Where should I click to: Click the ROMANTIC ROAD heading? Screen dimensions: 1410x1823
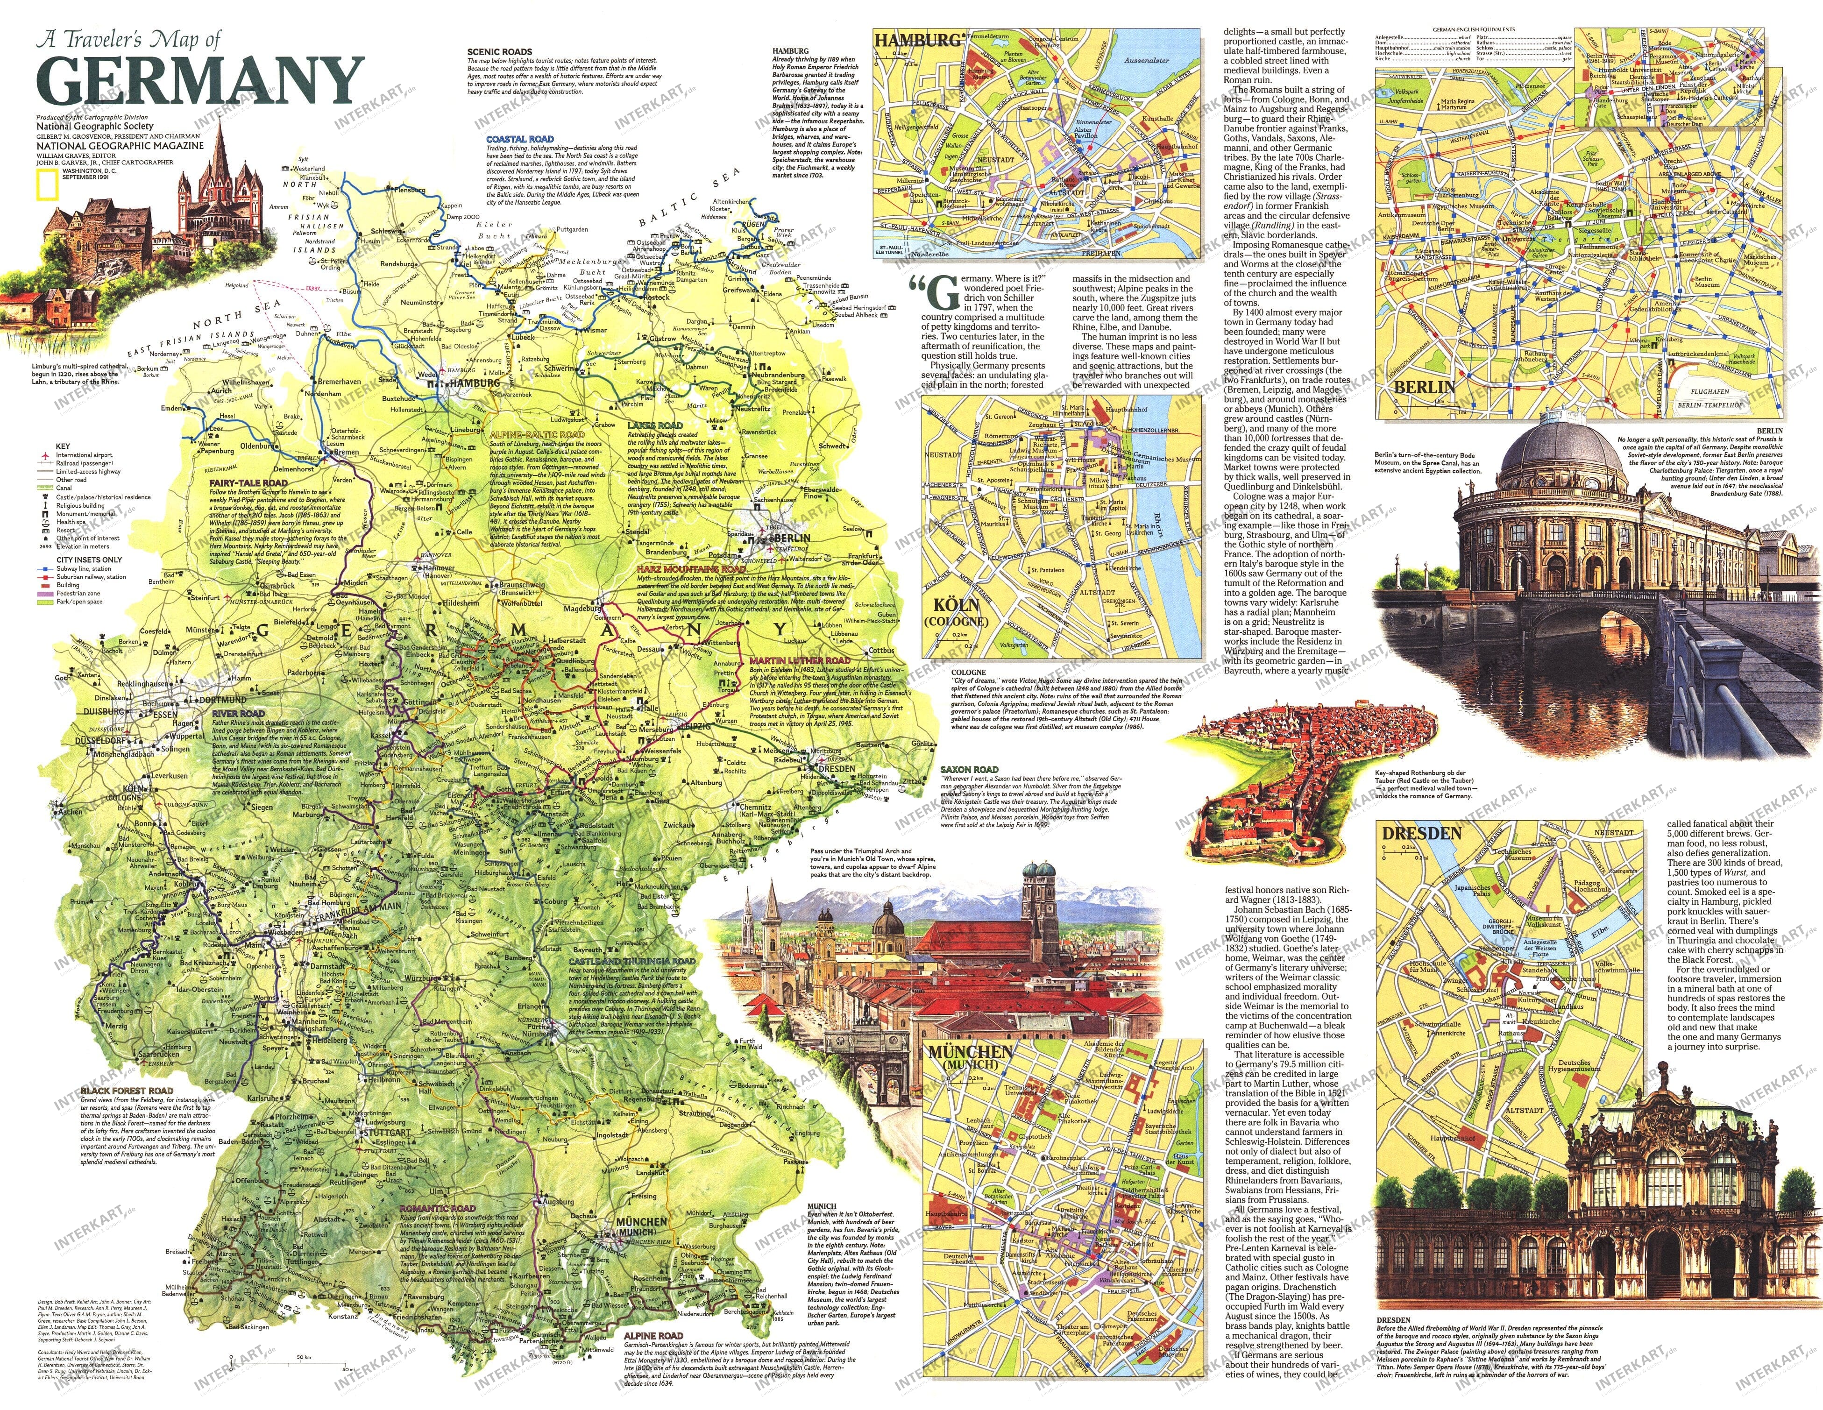437,1208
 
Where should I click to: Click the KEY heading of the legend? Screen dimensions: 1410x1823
63,446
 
